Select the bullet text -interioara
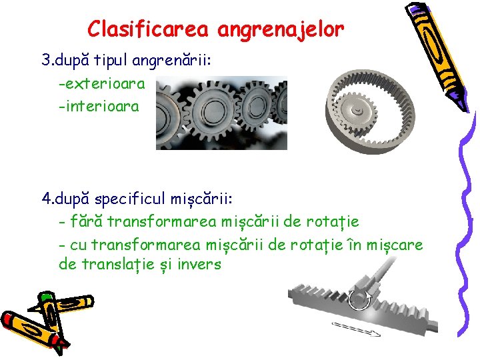(x=99, y=106)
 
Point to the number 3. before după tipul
(x=47, y=61)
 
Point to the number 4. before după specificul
(x=47, y=199)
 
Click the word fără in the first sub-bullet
(x=86, y=221)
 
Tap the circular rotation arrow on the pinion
(x=363, y=297)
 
